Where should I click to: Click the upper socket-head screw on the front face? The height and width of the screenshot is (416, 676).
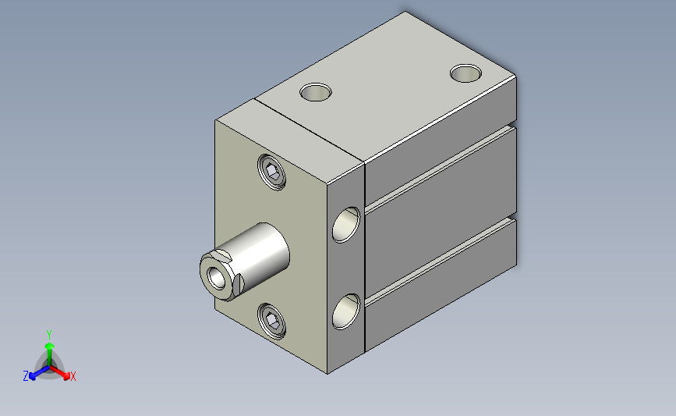(x=271, y=172)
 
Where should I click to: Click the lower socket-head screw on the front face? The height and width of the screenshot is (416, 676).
(x=271, y=321)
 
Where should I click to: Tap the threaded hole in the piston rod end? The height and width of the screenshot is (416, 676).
(x=217, y=278)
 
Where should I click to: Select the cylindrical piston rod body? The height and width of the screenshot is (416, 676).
(x=259, y=254)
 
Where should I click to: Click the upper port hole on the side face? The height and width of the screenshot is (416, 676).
(x=346, y=225)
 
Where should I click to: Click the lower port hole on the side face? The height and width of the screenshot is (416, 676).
(x=346, y=311)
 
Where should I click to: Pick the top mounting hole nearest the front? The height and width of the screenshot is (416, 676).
(x=316, y=92)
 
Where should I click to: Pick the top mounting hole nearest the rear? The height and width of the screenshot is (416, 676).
(x=465, y=73)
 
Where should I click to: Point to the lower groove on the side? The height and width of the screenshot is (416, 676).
(x=441, y=260)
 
